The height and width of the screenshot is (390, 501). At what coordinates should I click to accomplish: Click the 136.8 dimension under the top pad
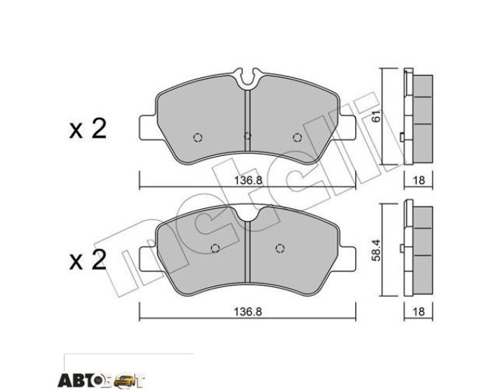248,180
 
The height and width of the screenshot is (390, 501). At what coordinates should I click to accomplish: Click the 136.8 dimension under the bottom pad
248,311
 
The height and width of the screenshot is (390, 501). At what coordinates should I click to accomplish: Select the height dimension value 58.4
376,251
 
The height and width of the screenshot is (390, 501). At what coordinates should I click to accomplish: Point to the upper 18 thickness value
418,180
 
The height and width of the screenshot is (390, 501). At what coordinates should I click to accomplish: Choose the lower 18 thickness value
418,311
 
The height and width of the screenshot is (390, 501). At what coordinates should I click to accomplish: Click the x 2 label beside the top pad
88,129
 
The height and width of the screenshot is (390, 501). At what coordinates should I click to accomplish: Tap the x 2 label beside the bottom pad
88,260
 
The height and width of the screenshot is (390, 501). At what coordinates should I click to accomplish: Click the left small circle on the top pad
198,137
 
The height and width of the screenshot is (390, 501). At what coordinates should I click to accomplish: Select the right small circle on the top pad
297,137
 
